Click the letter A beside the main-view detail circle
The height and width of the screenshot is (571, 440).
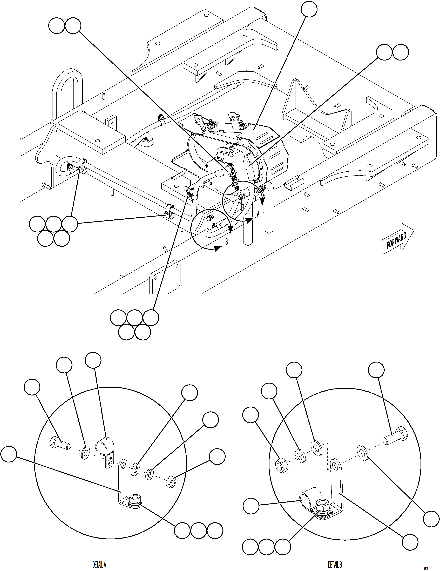[258, 214]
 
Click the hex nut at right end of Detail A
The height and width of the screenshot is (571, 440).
[171, 481]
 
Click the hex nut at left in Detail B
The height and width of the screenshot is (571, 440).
[282, 466]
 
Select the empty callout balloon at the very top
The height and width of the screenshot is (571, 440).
[309, 9]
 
